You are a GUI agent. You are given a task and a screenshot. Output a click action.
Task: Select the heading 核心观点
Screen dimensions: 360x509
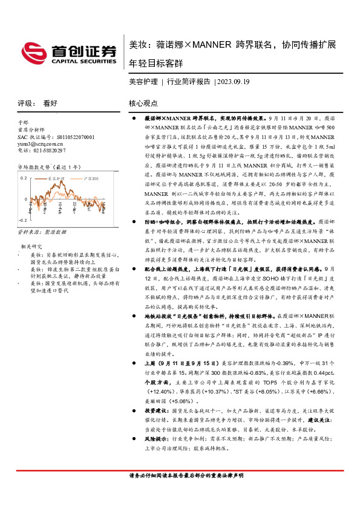(x=143, y=104)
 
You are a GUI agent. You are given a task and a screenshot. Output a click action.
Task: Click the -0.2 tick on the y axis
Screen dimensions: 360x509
(x=22, y=221)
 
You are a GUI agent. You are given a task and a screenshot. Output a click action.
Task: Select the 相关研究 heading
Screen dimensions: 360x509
(x=30, y=247)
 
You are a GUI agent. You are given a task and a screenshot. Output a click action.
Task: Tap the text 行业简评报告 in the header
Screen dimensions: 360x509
(x=188, y=81)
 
